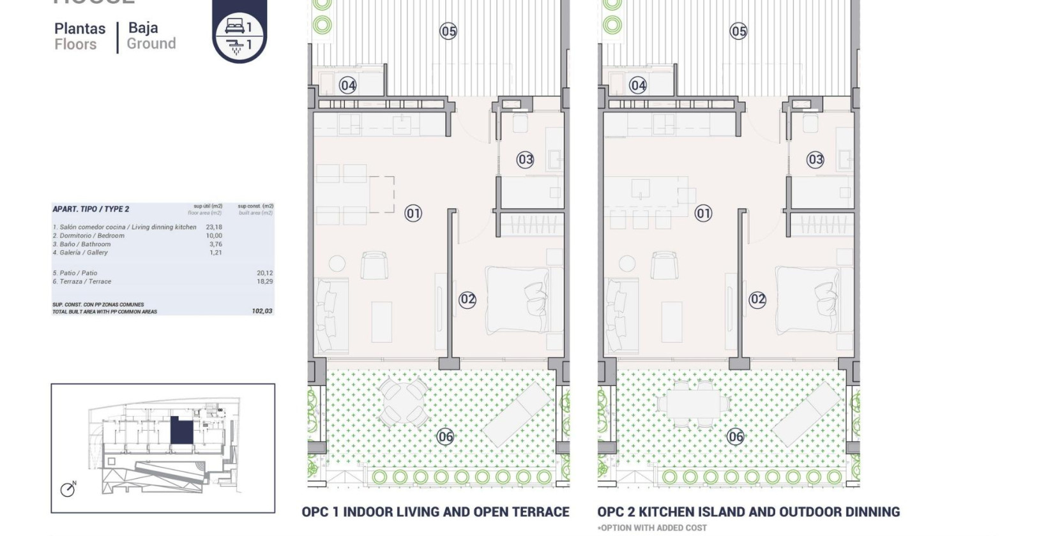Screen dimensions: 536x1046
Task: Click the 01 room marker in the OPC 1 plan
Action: coord(413,213)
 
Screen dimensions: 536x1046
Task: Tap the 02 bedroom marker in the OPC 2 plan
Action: coord(757,299)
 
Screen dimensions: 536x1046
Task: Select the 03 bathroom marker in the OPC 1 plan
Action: coord(525,160)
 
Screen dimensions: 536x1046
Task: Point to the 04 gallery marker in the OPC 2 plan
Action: coord(637,85)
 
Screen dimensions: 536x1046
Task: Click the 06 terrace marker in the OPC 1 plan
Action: coord(445,437)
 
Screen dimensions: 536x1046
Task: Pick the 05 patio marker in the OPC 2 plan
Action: coord(738,31)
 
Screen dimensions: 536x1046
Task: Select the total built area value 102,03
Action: coord(262,311)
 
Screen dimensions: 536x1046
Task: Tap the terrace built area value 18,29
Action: coord(264,281)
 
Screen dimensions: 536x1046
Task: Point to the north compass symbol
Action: coord(68,489)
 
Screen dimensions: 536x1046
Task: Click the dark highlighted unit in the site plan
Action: coord(181,431)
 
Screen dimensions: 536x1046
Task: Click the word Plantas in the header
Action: coord(80,29)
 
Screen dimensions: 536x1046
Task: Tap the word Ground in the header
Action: coord(151,44)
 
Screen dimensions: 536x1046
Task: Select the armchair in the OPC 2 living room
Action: coord(664,265)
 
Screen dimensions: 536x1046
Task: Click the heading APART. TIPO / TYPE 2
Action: coord(91,209)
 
